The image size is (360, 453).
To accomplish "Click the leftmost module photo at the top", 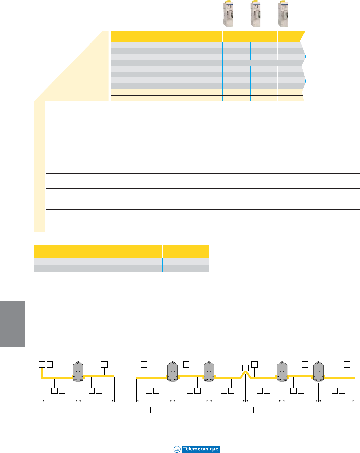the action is coord(229,14).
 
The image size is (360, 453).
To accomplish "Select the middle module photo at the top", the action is coord(256,14).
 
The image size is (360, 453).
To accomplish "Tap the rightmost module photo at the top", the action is coord(283,14).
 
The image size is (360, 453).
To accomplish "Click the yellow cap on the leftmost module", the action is coord(227,3).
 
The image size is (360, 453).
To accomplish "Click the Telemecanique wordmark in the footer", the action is coord(200,449).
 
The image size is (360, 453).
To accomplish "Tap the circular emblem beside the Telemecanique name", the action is coord(177,449).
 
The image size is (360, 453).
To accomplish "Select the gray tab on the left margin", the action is coord(13,324).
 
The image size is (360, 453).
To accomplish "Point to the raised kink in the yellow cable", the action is coord(245,374).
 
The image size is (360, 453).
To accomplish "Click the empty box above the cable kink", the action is coord(245,367).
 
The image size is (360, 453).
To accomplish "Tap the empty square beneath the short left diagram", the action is coord(45,410).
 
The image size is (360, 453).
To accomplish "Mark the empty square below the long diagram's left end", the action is coord(147,410).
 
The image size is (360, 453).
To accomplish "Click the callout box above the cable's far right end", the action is coord(347,364).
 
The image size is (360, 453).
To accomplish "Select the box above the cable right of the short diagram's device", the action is coord(104,364).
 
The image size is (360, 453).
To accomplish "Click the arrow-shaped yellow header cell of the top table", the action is coord(291,36).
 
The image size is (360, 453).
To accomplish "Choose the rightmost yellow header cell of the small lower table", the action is coord(185,251).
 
